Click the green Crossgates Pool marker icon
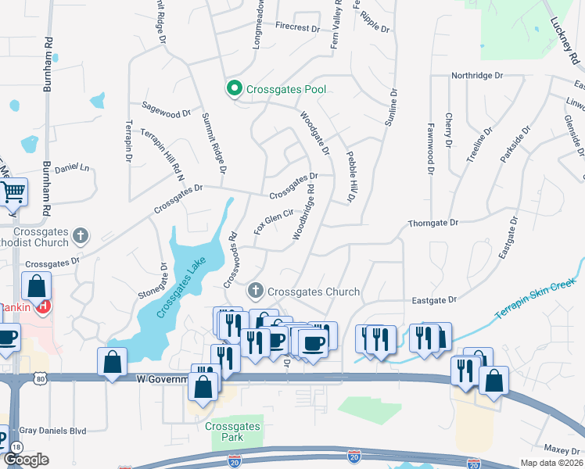[233, 89]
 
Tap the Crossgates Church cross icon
[255, 292]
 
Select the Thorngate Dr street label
[432, 223]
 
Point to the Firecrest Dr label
[298, 27]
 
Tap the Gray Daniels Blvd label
[52, 430]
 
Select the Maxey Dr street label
[561, 450]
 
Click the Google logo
[26, 460]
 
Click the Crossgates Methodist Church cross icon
[81, 235]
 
